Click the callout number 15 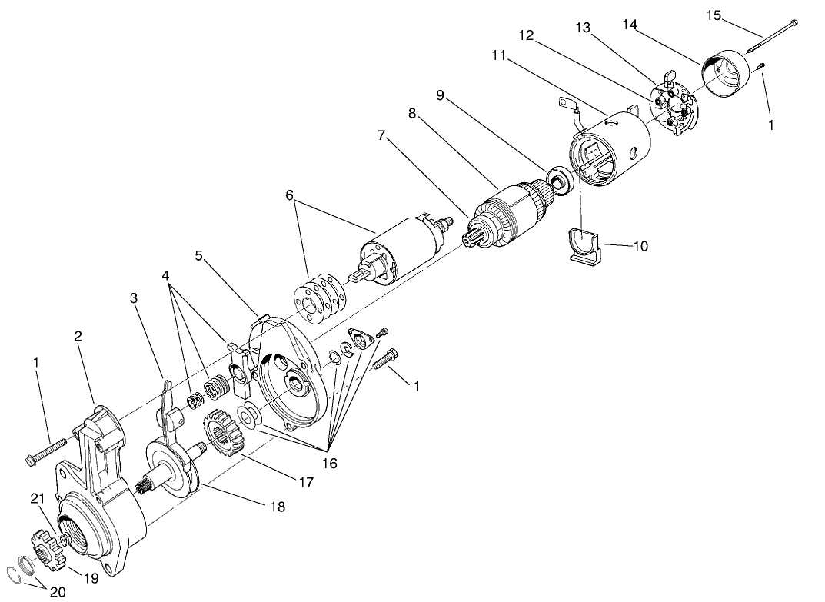tap(714, 15)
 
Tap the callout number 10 tap(640, 246)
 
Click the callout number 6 tap(290, 195)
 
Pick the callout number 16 tap(329, 464)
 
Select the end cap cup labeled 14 tap(726, 75)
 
